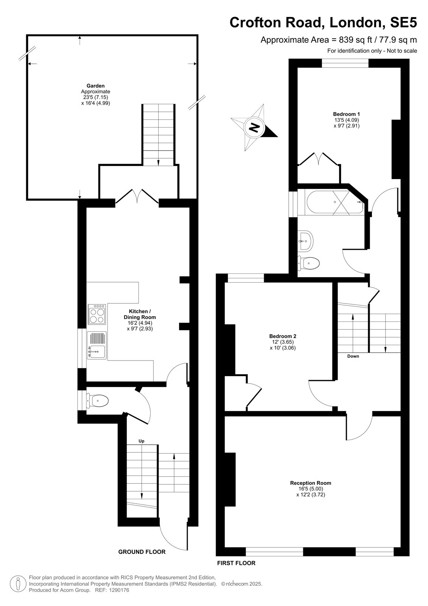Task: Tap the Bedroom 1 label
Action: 346,114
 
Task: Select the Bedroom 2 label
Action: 283,336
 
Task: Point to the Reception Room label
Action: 311,483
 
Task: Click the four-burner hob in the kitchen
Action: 97,314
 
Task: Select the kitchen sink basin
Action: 97,352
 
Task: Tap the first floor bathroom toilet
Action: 308,263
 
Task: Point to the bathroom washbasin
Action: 305,241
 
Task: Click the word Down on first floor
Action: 353,356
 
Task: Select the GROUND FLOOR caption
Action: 142,551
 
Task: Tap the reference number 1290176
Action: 119,590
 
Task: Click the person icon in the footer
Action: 18,584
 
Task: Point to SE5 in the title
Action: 403,22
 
